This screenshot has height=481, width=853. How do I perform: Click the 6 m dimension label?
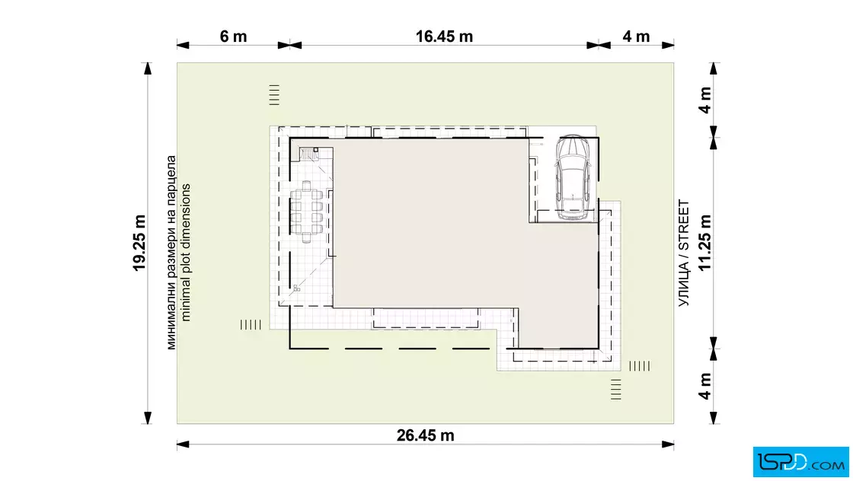pos(233,37)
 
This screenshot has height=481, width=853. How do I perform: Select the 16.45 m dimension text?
pos(444,37)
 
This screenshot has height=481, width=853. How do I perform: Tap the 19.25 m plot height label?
pos(140,243)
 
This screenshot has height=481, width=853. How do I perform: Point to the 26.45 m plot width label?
pos(425,435)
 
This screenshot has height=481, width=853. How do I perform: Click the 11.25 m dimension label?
pos(704,242)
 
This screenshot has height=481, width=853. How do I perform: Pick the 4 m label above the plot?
pos(636,37)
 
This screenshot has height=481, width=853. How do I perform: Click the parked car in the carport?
pos(573,177)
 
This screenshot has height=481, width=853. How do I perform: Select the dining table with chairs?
pos(306,212)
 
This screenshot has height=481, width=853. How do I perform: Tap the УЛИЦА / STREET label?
pos(684,253)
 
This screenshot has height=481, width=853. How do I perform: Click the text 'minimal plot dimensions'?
pos(186,253)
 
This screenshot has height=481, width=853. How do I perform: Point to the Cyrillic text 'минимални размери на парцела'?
pos(171,253)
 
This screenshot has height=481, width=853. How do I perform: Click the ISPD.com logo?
pos(800,462)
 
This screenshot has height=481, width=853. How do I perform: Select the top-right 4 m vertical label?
pos(704,100)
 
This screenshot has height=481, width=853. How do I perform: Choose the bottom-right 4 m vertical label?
pos(704,387)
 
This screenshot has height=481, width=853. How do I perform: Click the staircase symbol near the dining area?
pos(309,154)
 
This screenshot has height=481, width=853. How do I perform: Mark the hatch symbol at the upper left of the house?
pos(274,94)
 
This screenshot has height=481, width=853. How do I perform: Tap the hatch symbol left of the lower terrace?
pos(251,324)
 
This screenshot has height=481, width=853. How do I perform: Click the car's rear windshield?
pos(573,204)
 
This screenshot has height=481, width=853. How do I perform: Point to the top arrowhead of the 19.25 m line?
pos(147,68)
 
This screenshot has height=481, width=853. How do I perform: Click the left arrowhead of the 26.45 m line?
pos(184,444)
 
